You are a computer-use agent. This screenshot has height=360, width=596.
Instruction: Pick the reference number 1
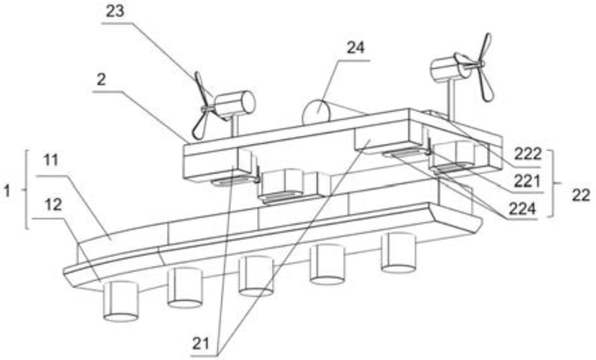(7, 190)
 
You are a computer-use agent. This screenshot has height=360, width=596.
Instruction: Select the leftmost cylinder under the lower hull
(121, 300)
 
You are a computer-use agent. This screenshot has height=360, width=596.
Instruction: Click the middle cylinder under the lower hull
(256, 275)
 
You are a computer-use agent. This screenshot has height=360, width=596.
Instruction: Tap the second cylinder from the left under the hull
(185, 286)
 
